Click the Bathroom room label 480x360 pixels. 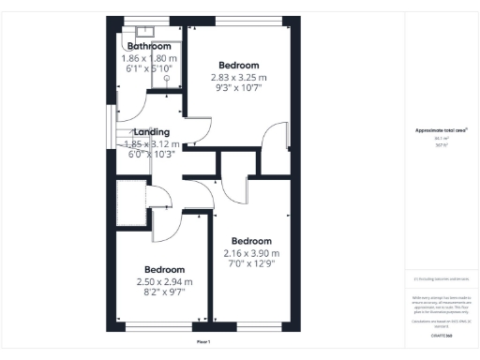coord(149,46)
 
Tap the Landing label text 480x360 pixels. coord(152,132)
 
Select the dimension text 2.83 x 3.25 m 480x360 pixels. coord(238,78)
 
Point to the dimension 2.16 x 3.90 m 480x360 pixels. coord(251,253)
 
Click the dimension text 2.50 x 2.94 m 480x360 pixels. coord(164,281)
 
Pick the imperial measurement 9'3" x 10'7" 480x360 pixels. coord(238,89)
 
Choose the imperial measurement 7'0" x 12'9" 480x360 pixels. coord(251,264)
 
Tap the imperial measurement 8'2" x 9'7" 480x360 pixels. coord(164,292)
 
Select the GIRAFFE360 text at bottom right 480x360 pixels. coord(442,335)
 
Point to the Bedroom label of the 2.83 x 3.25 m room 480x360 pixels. coord(238,66)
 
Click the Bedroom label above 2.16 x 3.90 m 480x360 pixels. coord(251,241)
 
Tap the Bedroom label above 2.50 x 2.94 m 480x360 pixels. coord(164,269)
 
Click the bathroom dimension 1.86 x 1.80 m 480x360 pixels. coord(149,58)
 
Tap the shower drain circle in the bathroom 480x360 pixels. coord(167,94)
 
